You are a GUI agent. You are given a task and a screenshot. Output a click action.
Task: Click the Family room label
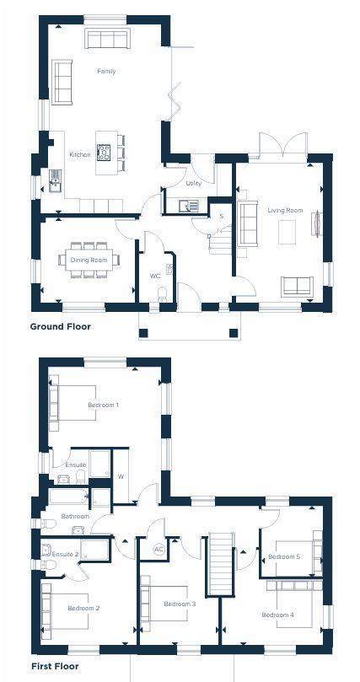pyautogui.click(x=106, y=71)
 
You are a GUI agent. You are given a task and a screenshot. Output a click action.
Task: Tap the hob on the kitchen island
pyautogui.click(x=104, y=153)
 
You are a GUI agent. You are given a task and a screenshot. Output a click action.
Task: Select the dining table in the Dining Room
pyautogui.click(x=89, y=260)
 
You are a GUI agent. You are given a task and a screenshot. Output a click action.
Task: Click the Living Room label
pyautogui.click(x=285, y=211)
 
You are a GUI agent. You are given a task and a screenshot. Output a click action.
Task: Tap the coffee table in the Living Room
pyautogui.click(x=287, y=232)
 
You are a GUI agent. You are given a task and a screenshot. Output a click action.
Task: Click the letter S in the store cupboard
pyautogui.click(x=221, y=216)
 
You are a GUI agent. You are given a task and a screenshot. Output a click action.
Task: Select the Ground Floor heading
pyautogui.click(x=61, y=326)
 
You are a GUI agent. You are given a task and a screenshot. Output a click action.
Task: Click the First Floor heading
pyautogui.click(x=55, y=666)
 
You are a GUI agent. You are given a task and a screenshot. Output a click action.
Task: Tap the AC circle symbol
pyautogui.click(x=159, y=549)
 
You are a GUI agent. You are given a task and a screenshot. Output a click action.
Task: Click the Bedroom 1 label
pyautogui.click(x=104, y=405)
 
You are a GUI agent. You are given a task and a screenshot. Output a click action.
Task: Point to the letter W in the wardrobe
pyautogui.click(x=121, y=476)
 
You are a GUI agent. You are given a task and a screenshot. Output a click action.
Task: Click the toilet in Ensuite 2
pyautogui.click(x=48, y=565)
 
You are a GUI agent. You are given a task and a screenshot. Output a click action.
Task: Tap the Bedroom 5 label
pyautogui.click(x=284, y=556)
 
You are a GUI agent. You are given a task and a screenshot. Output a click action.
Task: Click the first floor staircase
pyautogui.click(x=222, y=566)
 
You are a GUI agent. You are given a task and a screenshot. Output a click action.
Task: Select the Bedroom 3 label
pyautogui.click(x=180, y=604)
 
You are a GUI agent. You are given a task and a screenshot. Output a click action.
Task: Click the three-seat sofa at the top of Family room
pyautogui.click(x=108, y=39)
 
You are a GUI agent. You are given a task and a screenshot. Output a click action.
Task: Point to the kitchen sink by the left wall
pyautogui.click(x=56, y=180)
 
